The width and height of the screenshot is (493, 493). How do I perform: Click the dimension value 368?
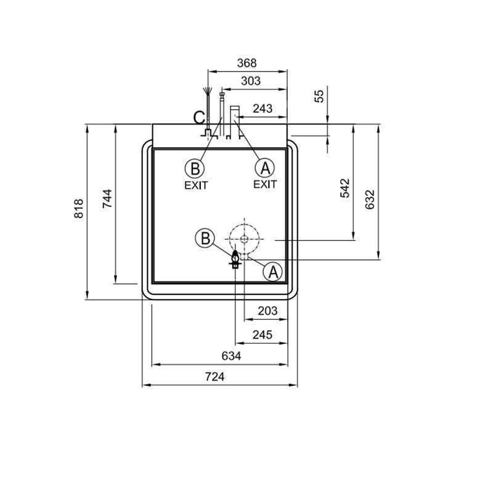[246, 63]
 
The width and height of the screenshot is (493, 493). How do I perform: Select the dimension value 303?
[251, 81]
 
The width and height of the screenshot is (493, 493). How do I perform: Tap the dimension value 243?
[263, 108]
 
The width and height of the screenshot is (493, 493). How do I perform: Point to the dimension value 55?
[319, 96]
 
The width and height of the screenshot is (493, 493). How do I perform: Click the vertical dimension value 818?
[79, 209]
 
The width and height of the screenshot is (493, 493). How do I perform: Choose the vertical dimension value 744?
[107, 199]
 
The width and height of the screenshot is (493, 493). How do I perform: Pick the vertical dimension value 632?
[370, 199]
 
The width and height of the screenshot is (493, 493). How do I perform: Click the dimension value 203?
[267, 311]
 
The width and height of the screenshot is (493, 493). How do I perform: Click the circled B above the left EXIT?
[195, 168]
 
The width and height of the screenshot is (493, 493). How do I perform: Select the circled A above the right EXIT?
[265, 168]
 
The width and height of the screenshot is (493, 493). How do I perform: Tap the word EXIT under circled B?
[196, 185]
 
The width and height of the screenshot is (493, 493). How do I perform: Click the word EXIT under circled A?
[265, 184]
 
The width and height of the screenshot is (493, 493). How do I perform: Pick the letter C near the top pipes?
[198, 117]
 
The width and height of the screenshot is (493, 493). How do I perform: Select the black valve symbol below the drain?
[235, 258]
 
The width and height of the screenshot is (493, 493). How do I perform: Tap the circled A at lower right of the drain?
[273, 271]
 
